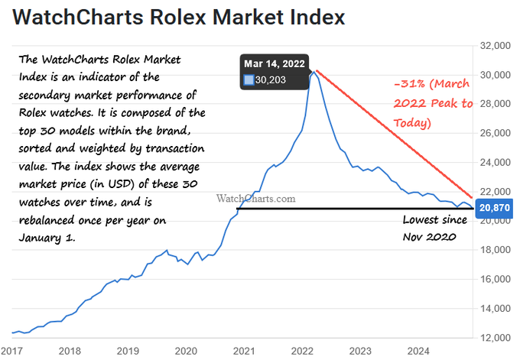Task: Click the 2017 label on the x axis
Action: pyautogui.click(x=11, y=351)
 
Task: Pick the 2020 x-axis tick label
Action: pyautogui.click(x=186, y=351)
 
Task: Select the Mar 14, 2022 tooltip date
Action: pyautogui.click(x=275, y=63)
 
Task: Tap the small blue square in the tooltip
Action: pyautogui.click(x=249, y=79)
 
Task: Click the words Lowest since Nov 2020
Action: pyautogui.click(x=430, y=229)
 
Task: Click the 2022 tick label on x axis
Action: pyautogui.click(x=303, y=351)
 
